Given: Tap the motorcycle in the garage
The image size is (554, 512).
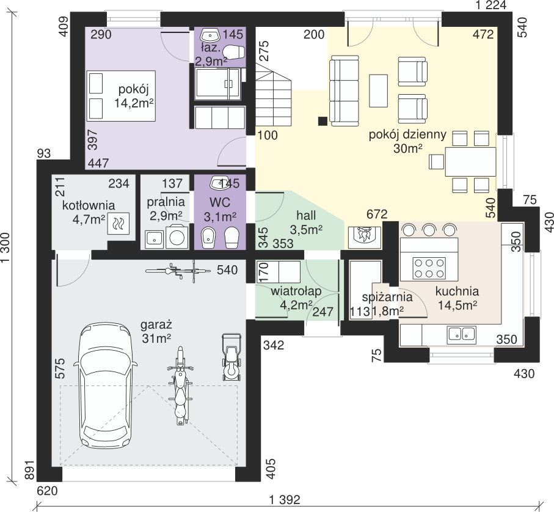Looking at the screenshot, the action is tap(181, 386).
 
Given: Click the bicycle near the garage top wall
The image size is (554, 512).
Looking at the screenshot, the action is tap(178, 271).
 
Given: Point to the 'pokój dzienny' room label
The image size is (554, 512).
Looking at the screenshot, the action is tap(407, 134).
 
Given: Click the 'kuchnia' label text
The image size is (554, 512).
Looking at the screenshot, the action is tap(457, 291).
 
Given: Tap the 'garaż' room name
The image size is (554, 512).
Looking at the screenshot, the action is tap(156, 324).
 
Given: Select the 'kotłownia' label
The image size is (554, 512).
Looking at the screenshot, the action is tap(89, 205).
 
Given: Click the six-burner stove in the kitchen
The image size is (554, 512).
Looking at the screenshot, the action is tap(429, 268).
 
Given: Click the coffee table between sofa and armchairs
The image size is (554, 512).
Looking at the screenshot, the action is tap(379, 90).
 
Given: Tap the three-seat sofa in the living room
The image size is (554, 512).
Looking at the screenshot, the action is tap(344, 91).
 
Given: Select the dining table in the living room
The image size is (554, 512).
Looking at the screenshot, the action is tap(470, 162).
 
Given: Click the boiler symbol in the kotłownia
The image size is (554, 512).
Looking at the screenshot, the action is tap(118, 224).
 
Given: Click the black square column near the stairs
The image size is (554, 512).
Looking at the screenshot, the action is tap(323, 121).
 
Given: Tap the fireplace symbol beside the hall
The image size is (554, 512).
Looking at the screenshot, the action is tap(365, 236).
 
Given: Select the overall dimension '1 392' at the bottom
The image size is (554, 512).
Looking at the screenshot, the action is tap(285, 500).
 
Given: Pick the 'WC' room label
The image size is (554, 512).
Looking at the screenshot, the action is tap(219, 202).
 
